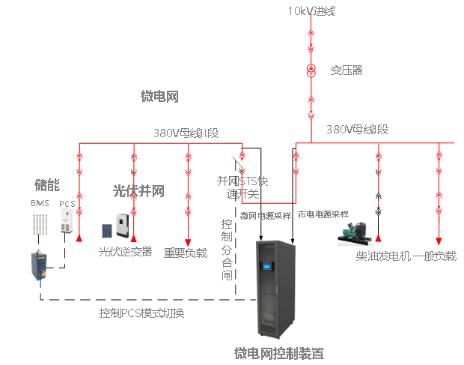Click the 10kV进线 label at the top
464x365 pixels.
311,10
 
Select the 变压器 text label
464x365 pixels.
346,70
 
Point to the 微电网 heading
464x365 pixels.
159,96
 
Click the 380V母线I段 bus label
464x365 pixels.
186,133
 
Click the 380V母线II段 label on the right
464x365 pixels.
357,130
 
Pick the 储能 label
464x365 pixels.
47,184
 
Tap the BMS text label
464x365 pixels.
40,204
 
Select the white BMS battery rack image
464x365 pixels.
40,225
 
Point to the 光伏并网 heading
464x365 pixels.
138,192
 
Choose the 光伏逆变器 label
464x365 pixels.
125,253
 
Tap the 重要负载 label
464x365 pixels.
186,253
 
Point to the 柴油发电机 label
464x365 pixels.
382,256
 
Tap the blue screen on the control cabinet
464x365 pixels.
266,266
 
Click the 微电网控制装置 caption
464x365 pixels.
278,353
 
